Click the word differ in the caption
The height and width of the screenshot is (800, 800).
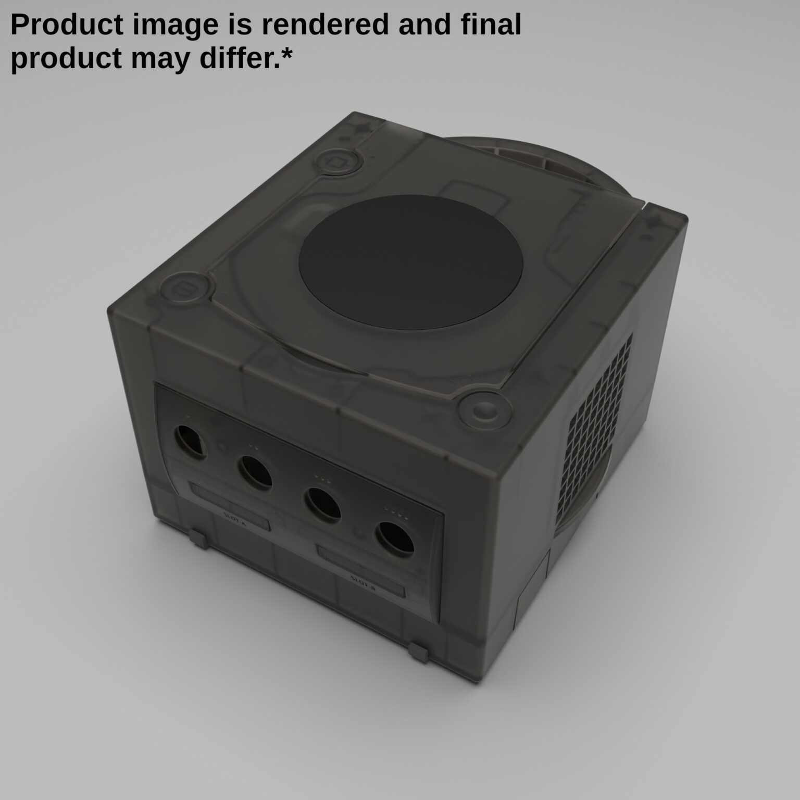click(x=244, y=58)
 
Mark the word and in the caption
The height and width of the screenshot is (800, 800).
click(x=422, y=24)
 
